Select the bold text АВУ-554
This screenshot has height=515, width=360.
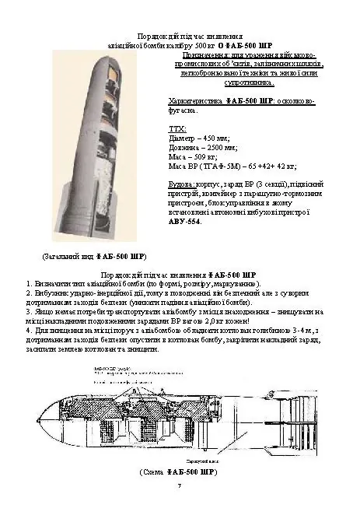coord(183,221)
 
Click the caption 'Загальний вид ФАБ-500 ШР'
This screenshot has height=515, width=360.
coord(94,256)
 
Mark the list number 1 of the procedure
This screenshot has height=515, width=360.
coord(28,284)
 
